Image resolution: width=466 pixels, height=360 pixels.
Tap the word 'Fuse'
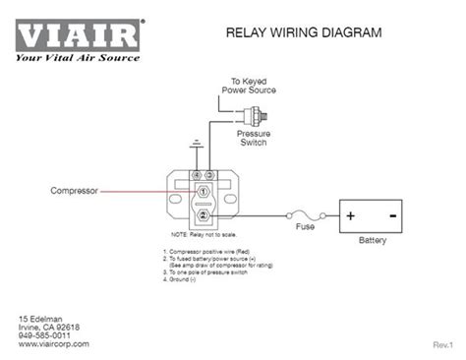coord(307,227)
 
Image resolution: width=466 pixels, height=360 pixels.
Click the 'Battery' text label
coord(373,239)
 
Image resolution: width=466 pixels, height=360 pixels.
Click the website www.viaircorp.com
coord(54,344)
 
